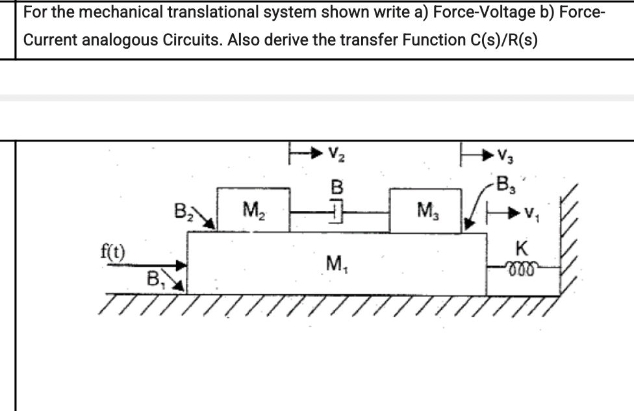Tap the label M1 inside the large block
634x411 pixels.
point(335,264)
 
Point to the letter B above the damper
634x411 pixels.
point(336,188)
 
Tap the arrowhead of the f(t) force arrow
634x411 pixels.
point(183,265)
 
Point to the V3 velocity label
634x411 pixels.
point(504,155)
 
